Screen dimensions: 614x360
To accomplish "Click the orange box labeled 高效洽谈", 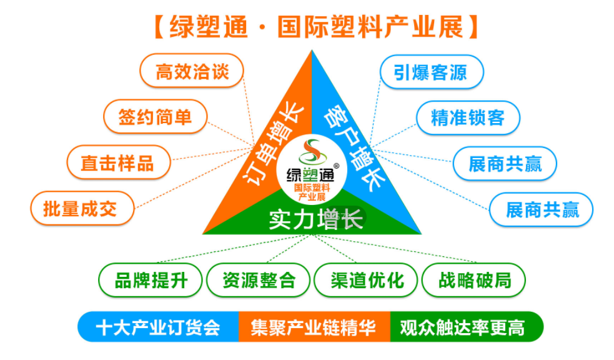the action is pyautogui.click(x=191, y=71).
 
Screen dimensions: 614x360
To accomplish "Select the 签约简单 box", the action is pyautogui.click(x=155, y=116).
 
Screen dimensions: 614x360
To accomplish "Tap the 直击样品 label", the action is pyautogui.click(x=117, y=162).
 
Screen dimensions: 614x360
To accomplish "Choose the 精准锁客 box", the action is pyautogui.click(x=467, y=117).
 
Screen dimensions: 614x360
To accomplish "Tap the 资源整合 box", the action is pyautogui.click(x=259, y=279).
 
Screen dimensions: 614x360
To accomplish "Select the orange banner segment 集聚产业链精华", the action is pyautogui.click(x=314, y=327).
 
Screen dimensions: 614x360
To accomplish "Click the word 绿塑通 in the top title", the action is pyautogui.click(x=209, y=28).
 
